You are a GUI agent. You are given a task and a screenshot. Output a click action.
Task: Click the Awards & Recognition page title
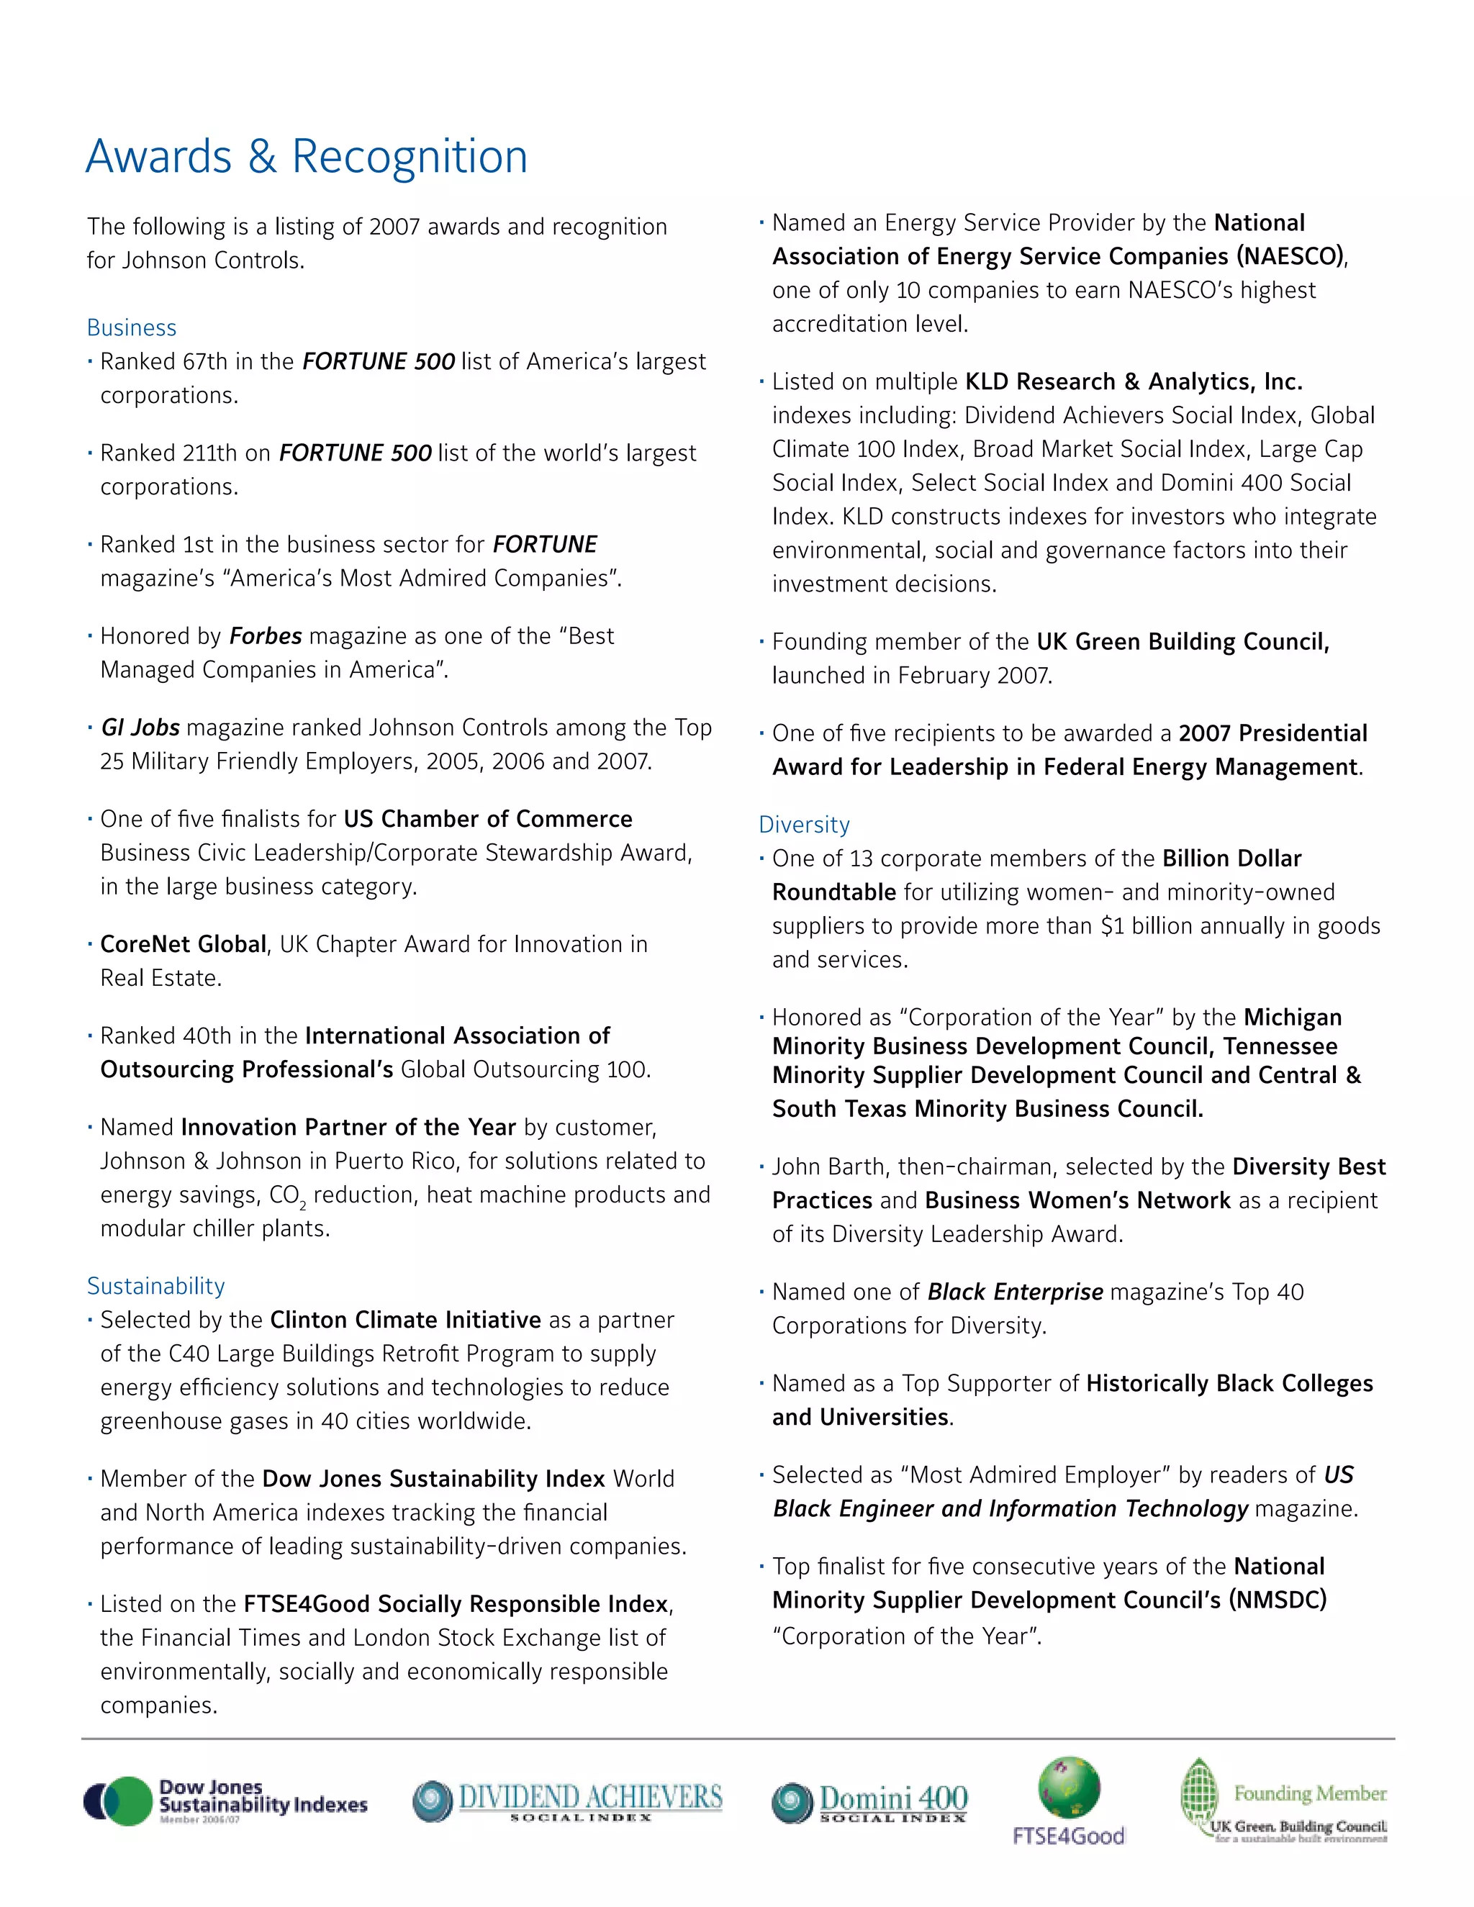click(307, 157)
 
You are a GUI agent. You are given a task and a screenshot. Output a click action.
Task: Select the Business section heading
click(131, 327)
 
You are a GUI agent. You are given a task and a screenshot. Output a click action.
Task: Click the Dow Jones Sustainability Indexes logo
click(225, 1800)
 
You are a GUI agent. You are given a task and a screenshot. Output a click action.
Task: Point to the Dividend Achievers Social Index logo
click(568, 1800)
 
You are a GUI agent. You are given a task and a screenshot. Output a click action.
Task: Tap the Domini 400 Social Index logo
click(869, 1802)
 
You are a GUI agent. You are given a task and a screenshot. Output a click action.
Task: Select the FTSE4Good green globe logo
click(1068, 1799)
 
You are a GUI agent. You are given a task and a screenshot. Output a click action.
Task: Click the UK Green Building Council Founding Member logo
click(1284, 1800)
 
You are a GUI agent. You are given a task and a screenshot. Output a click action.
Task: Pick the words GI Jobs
click(140, 728)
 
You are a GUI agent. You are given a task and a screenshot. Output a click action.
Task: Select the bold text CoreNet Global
click(184, 944)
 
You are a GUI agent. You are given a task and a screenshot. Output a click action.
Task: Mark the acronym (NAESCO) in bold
click(1289, 256)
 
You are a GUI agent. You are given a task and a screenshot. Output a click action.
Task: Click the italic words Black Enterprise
click(1015, 1292)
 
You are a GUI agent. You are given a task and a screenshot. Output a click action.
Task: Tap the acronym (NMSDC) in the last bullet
click(1277, 1600)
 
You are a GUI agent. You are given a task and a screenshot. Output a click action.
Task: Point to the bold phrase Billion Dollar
click(1231, 859)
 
